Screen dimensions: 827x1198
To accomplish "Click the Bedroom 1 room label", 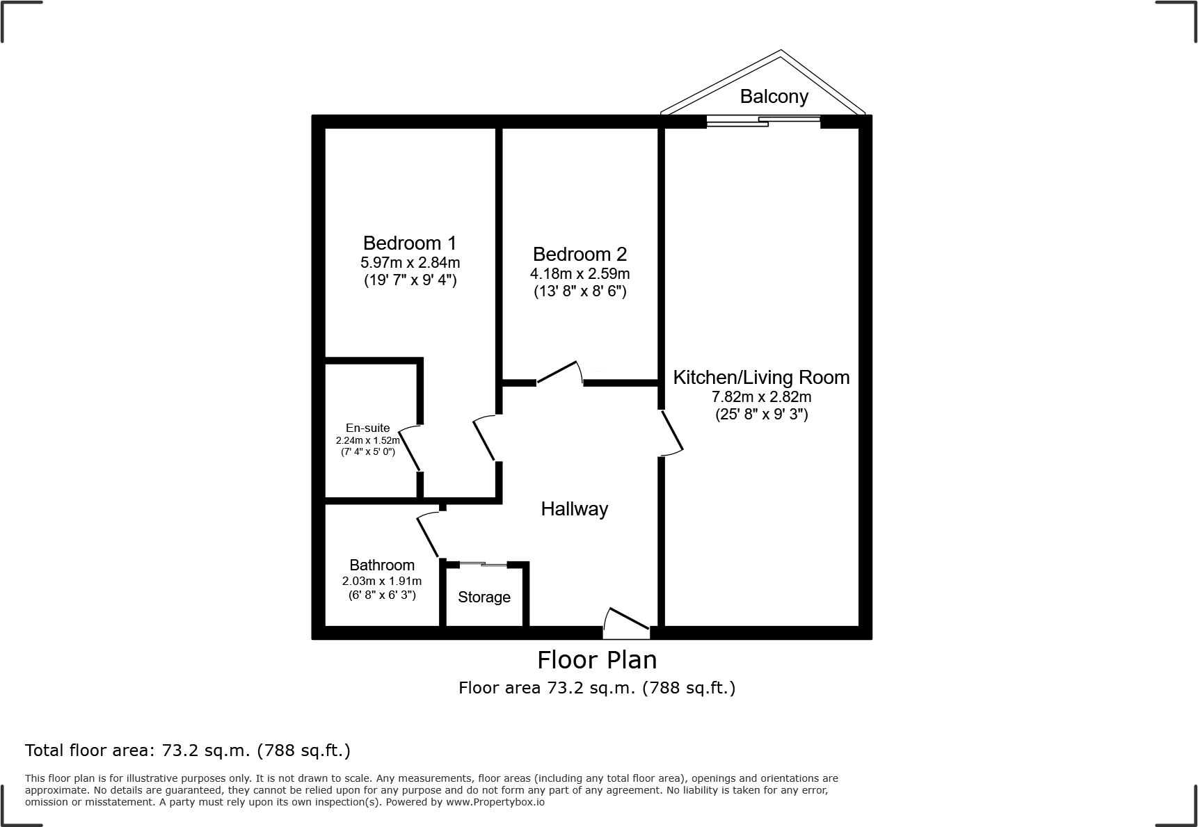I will click(x=410, y=243).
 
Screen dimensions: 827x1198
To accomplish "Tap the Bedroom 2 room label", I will click(x=580, y=254).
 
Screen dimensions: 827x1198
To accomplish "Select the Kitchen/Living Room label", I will click(x=761, y=378).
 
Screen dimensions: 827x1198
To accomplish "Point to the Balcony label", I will click(x=774, y=97).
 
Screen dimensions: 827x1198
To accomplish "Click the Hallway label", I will click(x=575, y=509).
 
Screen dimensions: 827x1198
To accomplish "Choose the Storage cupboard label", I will click(x=484, y=597).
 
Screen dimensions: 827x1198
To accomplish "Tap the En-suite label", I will click(x=367, y=428).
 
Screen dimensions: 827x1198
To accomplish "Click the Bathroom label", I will click(x=382, y=565).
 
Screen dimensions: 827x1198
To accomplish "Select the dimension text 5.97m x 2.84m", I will click(x=410, y=263).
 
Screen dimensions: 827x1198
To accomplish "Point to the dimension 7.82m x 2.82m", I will click(x=761, y=397).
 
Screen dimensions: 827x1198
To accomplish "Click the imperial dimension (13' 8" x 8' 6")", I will click(x=580, y=291).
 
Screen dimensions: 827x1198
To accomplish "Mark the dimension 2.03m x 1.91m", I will click(x=382, y=581).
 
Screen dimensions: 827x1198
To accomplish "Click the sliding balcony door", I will click(x=763, y=121).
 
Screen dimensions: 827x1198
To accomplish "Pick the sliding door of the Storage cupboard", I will click(x=484, y=563).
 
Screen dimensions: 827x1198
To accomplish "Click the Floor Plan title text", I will click(x=597, y=659).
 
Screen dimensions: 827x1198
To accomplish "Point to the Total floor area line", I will click(x=188, y=750).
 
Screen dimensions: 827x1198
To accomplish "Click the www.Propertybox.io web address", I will click(x=495, y=802).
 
